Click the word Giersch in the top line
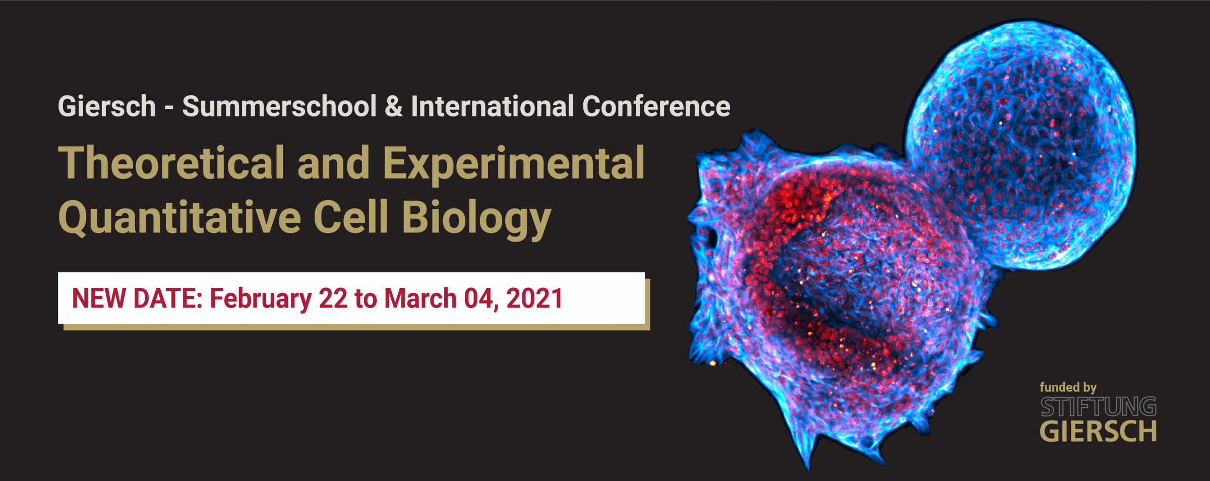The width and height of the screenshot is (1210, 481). pos(107,106)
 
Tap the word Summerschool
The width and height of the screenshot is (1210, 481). pos(279,106)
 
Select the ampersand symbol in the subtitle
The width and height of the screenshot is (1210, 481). pos(394,106)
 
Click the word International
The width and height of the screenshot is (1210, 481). pos(493,106)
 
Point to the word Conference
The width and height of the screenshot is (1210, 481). pos(656,106)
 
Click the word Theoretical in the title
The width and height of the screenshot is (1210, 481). pos(171,162)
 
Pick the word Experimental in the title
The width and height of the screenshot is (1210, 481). pos(514,164)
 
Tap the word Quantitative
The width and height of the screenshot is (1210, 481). pos(180,218)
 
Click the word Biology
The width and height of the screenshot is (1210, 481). pos(476,219)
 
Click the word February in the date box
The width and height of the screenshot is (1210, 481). pos(261,299)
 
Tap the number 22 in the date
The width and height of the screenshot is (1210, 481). pos(333,298)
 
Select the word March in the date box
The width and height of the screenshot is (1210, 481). pos(420,298)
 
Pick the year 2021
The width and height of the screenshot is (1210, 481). pos(534,298)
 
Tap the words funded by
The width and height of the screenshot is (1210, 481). pos(1068,387)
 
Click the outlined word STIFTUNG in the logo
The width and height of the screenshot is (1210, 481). pos(1099,407)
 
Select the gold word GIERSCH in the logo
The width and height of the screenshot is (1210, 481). pos(1099,432)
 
